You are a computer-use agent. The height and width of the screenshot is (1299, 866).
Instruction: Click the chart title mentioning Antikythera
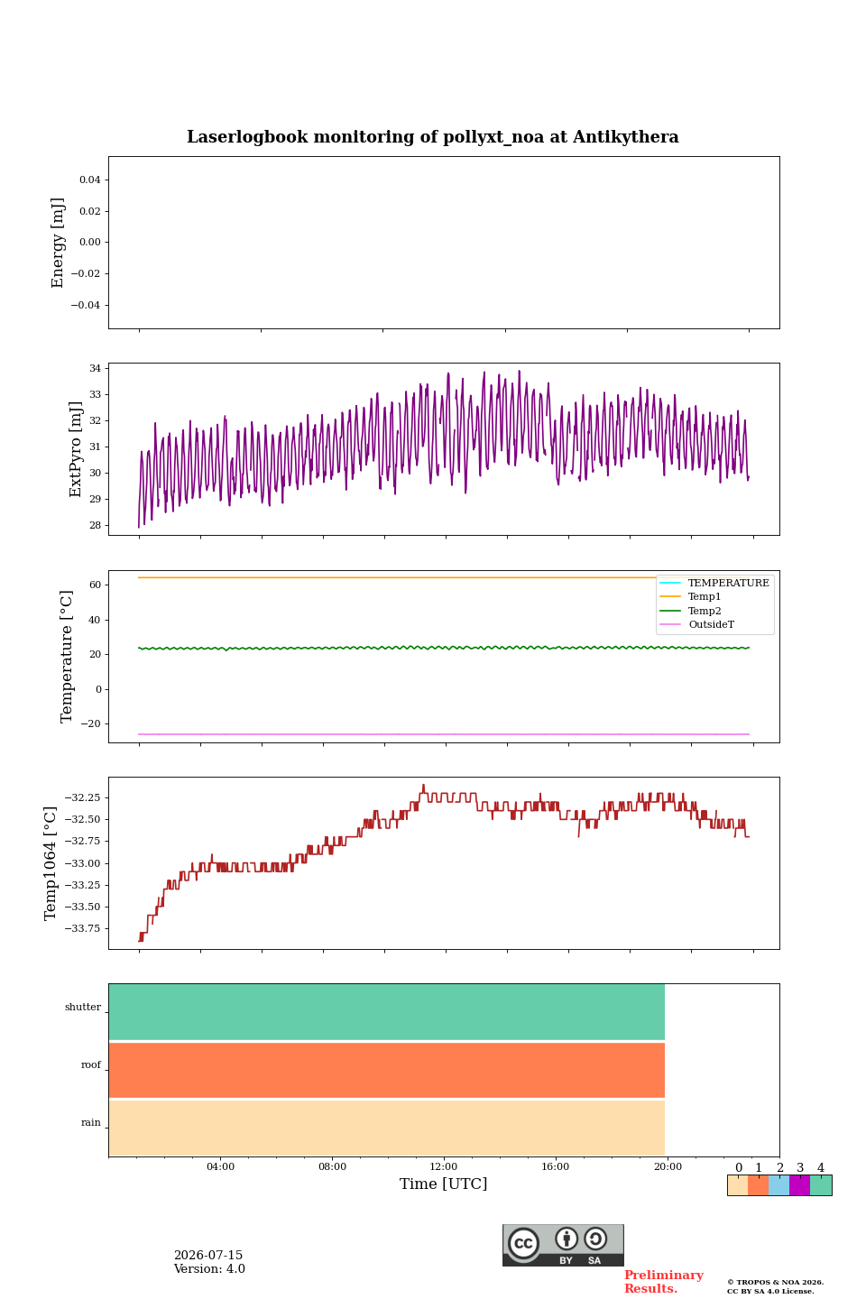(x=432, y=137)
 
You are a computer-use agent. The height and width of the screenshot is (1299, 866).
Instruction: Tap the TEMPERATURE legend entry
(x=714, y=583)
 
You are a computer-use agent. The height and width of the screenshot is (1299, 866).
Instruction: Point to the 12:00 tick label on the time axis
(x=444, y=1166)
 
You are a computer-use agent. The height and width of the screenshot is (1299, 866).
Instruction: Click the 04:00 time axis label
(x=220, y=1166)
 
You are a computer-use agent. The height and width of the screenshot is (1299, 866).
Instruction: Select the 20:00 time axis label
(x=668, y=1166)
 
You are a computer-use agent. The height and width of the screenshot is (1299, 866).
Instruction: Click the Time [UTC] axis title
(x=444, y=1184)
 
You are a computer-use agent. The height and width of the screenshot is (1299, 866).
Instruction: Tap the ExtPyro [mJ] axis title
(x=76, y=449)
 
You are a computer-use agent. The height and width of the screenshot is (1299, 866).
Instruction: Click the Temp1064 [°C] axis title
(x=51, y=863)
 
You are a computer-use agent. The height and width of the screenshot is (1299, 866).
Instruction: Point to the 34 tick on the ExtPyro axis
(x=95, y=368)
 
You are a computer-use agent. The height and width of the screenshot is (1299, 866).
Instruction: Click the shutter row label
(x=83, y=1007)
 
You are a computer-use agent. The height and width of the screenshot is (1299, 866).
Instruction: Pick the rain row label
(x=91, y=1122)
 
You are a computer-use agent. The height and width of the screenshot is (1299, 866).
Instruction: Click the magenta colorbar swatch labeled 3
(x=800, y=1185)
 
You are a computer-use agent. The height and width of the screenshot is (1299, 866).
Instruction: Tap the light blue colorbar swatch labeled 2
(x=779, y=1185)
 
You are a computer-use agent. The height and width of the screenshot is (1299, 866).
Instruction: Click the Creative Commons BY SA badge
(x=563, y=1245)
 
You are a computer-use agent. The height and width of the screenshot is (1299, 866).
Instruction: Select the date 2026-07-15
(x=208, y=1255)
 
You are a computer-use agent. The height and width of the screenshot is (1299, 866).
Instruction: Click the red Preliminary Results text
(x=664, y=1282)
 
